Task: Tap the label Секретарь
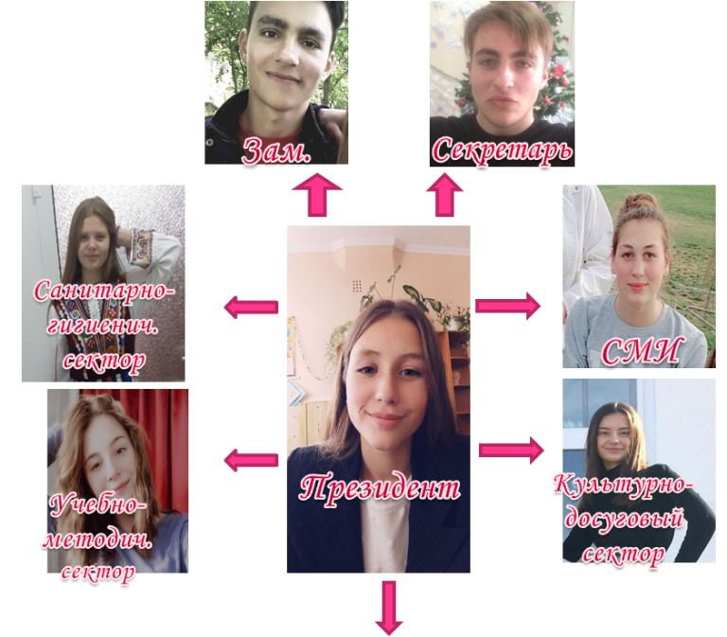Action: point(503,150)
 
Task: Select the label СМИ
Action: point(642,351)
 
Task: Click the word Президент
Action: point(380,488)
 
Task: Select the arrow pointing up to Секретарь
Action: point(444,195)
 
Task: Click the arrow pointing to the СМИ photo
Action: point(508,306)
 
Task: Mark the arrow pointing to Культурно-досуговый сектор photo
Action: point(512,449)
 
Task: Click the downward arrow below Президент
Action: point(388,608)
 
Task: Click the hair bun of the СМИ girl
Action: point(641,203)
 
